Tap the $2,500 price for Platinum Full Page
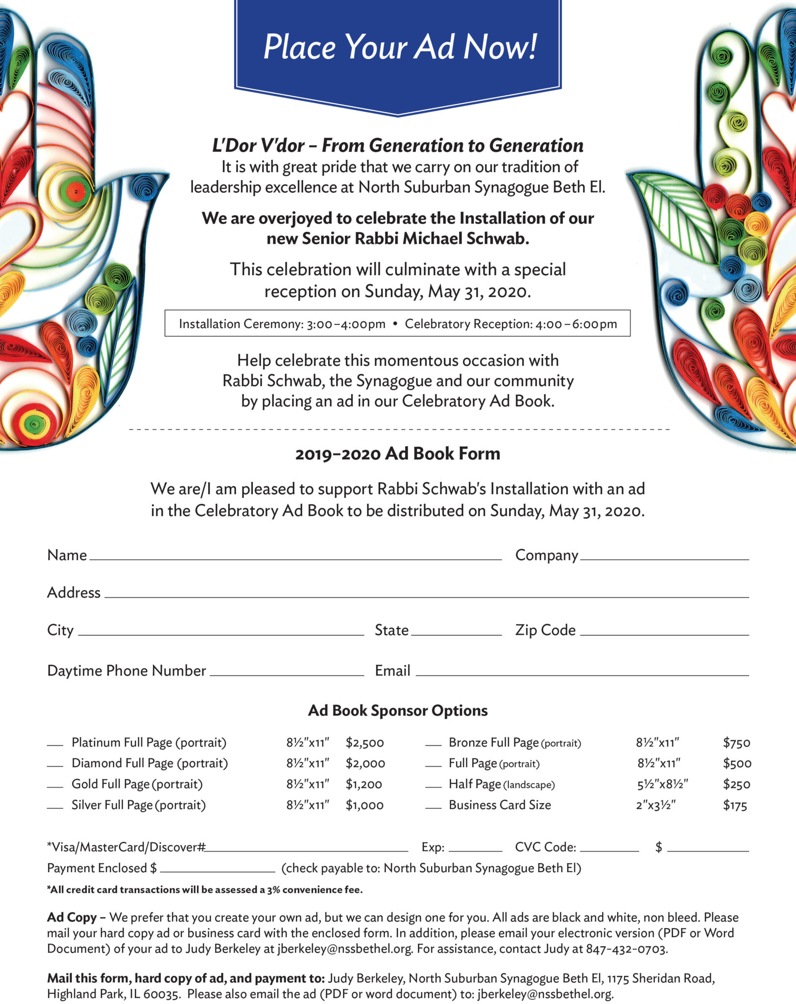click(364, 743)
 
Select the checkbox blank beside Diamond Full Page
click(55, 765)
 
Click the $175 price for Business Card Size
click(735, 805)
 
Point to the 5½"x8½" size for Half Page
click(662, 784)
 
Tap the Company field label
click(547, 555)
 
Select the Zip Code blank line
click(664, 634)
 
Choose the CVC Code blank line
click(609, 851)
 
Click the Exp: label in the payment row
click(433, 847)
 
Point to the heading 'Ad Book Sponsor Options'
click(398, 710)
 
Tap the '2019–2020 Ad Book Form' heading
click(398, 453)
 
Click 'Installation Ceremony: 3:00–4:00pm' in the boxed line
click(282, 324)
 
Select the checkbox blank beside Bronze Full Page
click(433, 745)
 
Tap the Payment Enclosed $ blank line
click(217, 871)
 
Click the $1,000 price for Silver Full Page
click(364, 805)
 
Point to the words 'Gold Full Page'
click(111, 784)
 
